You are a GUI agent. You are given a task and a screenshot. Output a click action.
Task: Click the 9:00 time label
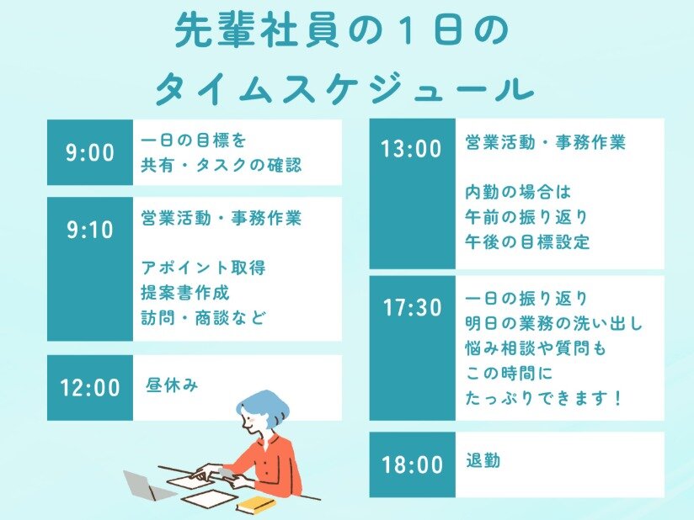[x=90, y=152]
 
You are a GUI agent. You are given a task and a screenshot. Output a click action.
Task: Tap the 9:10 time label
[x=90, y=230]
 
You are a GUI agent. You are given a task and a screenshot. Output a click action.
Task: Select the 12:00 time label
[x=90, y=388]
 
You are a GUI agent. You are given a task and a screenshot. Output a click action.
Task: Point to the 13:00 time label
[x=412, y=149]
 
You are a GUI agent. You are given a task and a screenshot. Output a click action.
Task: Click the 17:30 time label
[x=413, y=308]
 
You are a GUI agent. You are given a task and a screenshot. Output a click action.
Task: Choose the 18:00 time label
[x=413, y=464]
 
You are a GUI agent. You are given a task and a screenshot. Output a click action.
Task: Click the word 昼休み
[x=172, y=385]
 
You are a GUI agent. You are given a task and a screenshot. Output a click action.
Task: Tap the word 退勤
[x=483, y=461]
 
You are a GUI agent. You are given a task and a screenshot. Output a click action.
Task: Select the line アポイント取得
[x=203, y=268]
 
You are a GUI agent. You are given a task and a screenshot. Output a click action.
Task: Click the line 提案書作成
[x=185, y=293]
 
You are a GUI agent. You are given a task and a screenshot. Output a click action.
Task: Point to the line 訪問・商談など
[x=204, y=317]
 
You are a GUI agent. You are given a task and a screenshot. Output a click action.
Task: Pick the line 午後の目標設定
[x=527, y=241]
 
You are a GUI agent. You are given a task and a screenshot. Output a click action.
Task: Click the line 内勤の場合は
[x=518, y=193]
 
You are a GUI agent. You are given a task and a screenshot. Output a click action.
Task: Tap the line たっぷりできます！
[x=544, y=398]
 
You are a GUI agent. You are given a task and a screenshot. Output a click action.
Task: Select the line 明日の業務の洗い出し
[x=553, y=324]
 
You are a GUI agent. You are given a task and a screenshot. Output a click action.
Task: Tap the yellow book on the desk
[x=256, y=504]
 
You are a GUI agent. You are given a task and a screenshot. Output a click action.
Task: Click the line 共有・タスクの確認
[x=222, y=166]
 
